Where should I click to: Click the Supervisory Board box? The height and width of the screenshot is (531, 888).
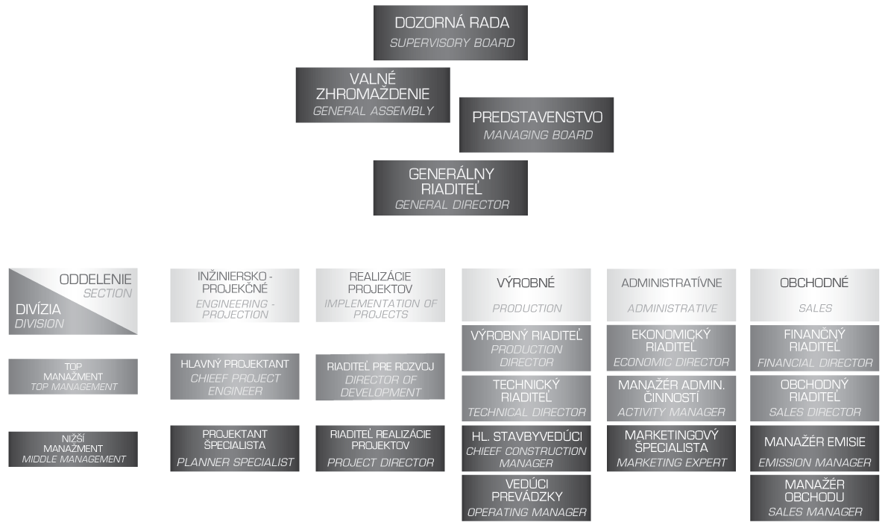click(450, 33)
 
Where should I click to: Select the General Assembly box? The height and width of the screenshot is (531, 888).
click(373, 95)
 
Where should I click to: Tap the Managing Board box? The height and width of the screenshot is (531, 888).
click(536, 125)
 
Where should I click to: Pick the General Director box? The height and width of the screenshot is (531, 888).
click(450, 188)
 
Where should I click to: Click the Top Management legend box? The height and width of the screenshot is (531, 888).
click(73, 377)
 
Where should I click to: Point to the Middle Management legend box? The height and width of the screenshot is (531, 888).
click(73, 449)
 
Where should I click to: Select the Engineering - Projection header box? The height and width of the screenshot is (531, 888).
click(235, 295)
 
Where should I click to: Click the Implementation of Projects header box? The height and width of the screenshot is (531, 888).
click(380, 295)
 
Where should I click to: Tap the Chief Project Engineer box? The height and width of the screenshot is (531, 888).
click(235, 376)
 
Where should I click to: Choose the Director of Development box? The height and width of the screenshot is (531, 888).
click(380, 377)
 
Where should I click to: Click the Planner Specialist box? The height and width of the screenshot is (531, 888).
click(235, 448)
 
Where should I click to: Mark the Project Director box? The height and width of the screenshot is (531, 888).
click(380, 448)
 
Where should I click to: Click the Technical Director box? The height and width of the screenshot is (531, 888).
click(526, 398)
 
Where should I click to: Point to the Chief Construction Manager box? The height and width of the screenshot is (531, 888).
click(526, 448)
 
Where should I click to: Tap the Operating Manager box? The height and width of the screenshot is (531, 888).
click(526, 497)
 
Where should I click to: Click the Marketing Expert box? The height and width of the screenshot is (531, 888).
click(671, 448)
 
